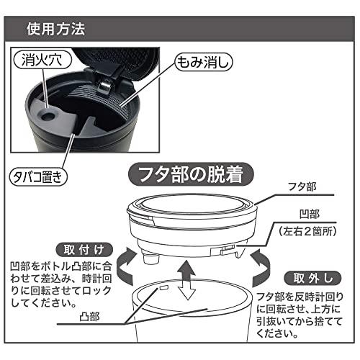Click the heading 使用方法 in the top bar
coord(56,30)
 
